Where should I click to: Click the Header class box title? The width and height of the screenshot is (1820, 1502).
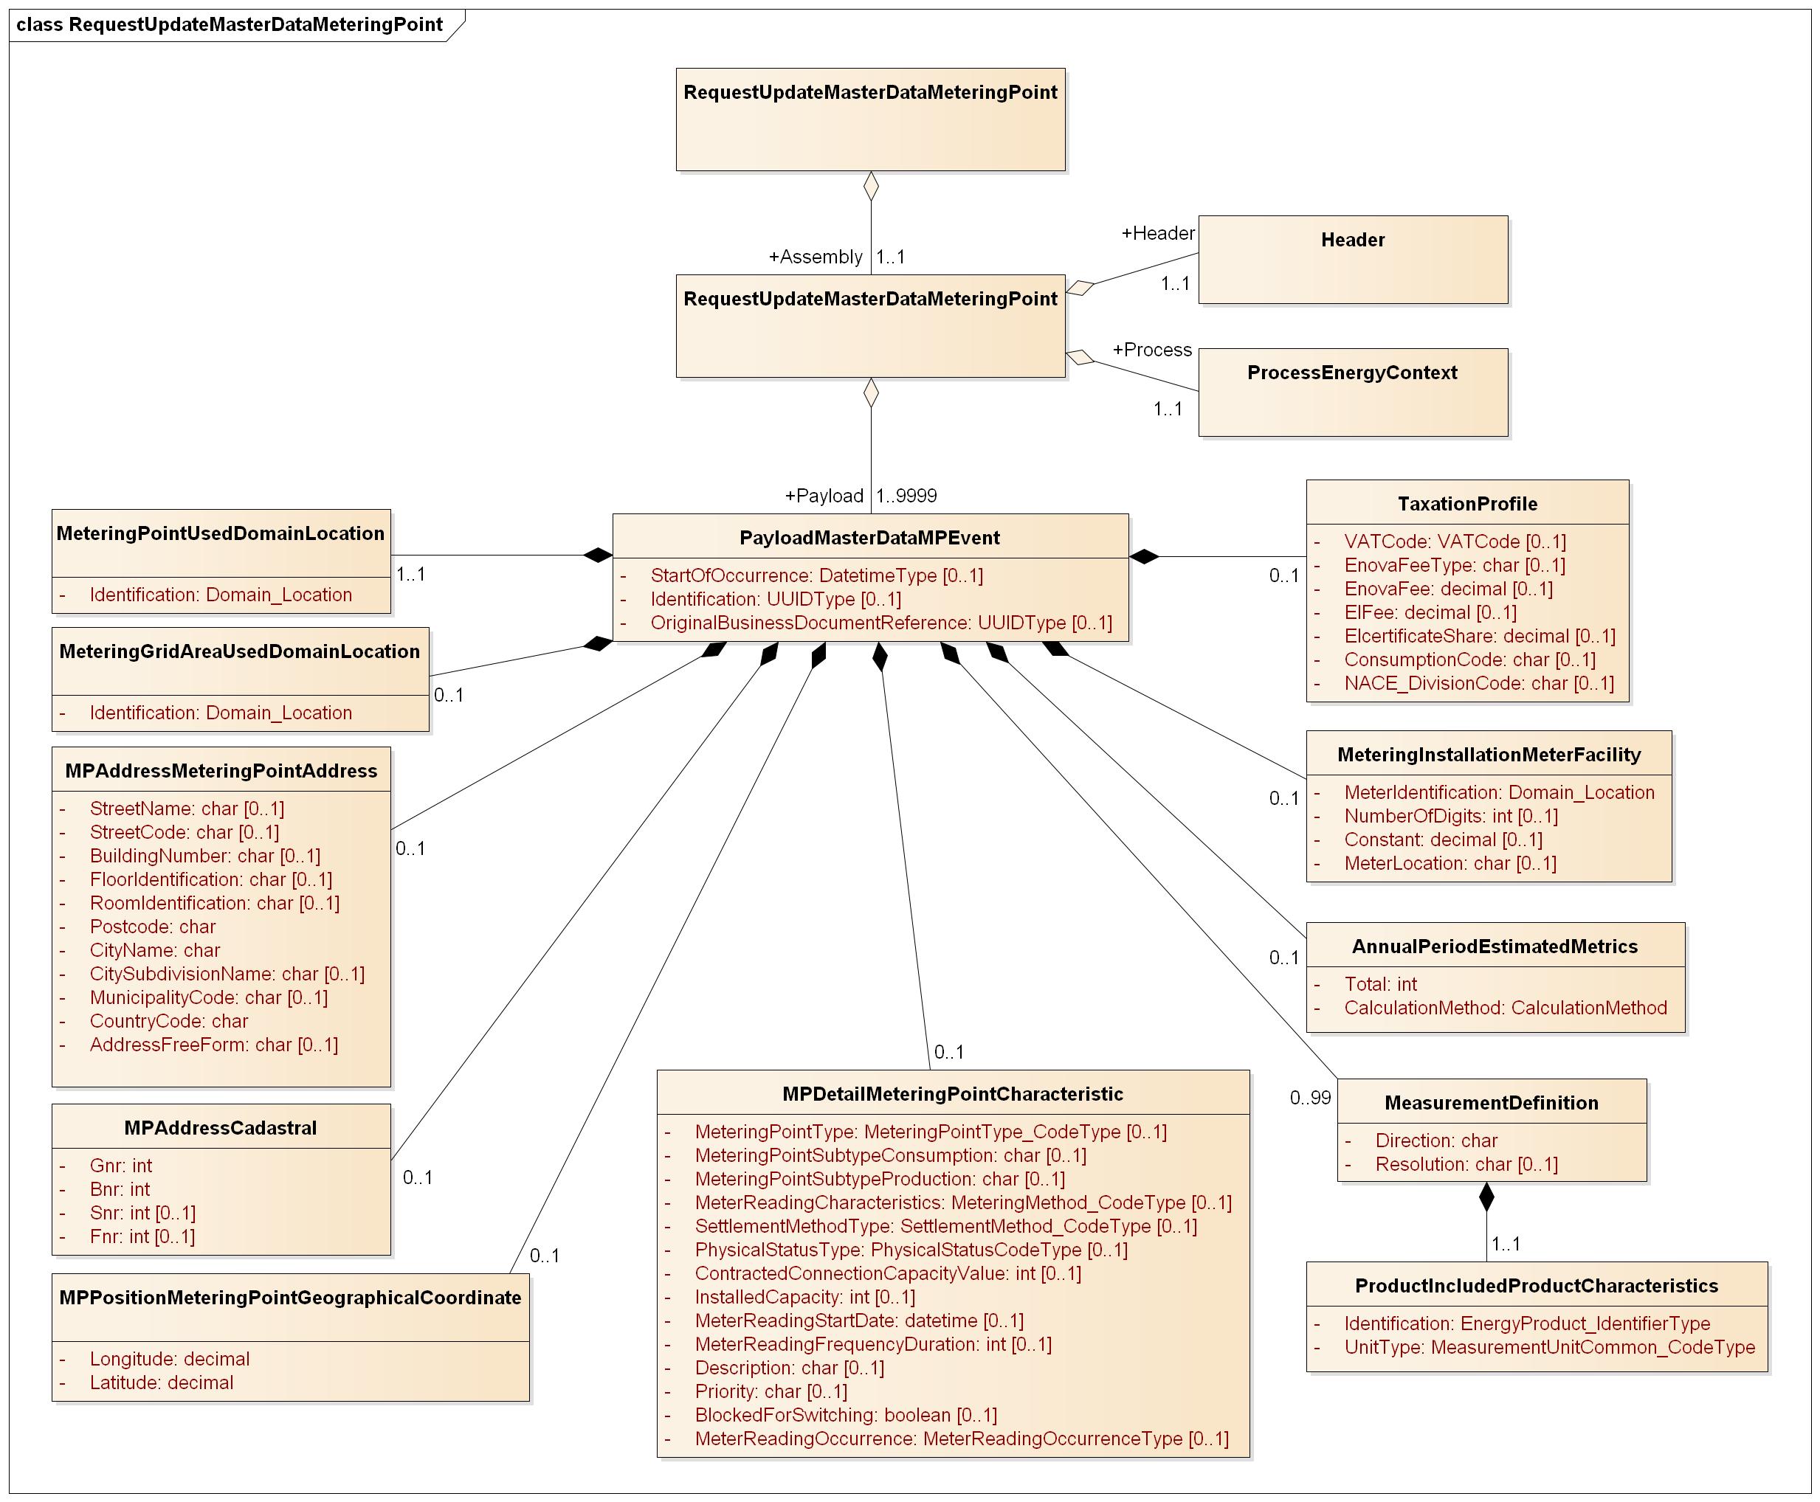[x=1352, y=240]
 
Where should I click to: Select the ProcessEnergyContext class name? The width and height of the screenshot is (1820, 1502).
[x=1352, y=373]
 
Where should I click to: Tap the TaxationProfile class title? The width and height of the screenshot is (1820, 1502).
[x=1467, y=504]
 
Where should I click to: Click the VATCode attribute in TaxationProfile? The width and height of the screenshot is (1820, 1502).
[x=1454, y=541]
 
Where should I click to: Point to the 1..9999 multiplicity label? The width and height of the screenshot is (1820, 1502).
[x=906, y=496]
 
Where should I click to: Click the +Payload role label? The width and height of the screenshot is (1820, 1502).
[x=823, y=496]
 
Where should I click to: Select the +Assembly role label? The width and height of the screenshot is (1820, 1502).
[x=816, y=257]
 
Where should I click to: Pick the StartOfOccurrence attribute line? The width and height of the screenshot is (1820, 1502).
[x=816, y=575]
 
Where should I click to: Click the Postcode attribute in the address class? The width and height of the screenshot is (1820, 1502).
[x=152, y=927]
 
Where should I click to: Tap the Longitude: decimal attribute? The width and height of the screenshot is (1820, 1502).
[x=170, y=1359]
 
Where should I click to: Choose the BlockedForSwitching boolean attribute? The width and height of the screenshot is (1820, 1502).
[x=846, y=1416]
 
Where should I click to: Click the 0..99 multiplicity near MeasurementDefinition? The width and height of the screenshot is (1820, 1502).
[x=1310, y=1098]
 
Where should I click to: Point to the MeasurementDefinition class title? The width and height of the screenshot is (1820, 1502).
[x=1491, y=1103]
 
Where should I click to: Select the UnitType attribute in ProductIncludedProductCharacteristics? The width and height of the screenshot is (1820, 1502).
[x=1549, y=1347]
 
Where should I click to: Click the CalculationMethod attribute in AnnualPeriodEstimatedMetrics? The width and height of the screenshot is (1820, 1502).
[x=1505, y=1008]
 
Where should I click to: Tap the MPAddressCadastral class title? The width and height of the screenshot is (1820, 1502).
[x=221, y=1128]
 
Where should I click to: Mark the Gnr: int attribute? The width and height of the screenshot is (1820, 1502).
[x=121, y=1166]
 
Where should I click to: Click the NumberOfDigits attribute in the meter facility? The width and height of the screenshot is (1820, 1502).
[x=1450, y=816]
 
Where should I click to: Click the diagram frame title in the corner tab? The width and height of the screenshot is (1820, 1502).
[x=230, y=24]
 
